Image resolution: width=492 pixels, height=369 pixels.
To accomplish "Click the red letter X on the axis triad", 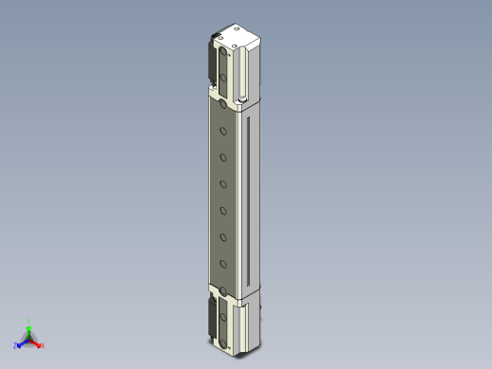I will pyautogui.click(x=43, y=345).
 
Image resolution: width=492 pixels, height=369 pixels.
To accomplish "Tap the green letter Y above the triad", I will pyautogui.click(x=29, y=321).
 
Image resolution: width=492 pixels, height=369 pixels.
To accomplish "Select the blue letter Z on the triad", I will pyautogui.click(x=16, y=345).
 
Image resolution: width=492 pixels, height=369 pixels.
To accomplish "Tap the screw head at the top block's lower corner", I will pyautogui.click(x=243, y=98).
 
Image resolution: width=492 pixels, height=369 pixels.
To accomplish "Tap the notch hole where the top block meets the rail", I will pyautogui.click(x=222, y=104).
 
